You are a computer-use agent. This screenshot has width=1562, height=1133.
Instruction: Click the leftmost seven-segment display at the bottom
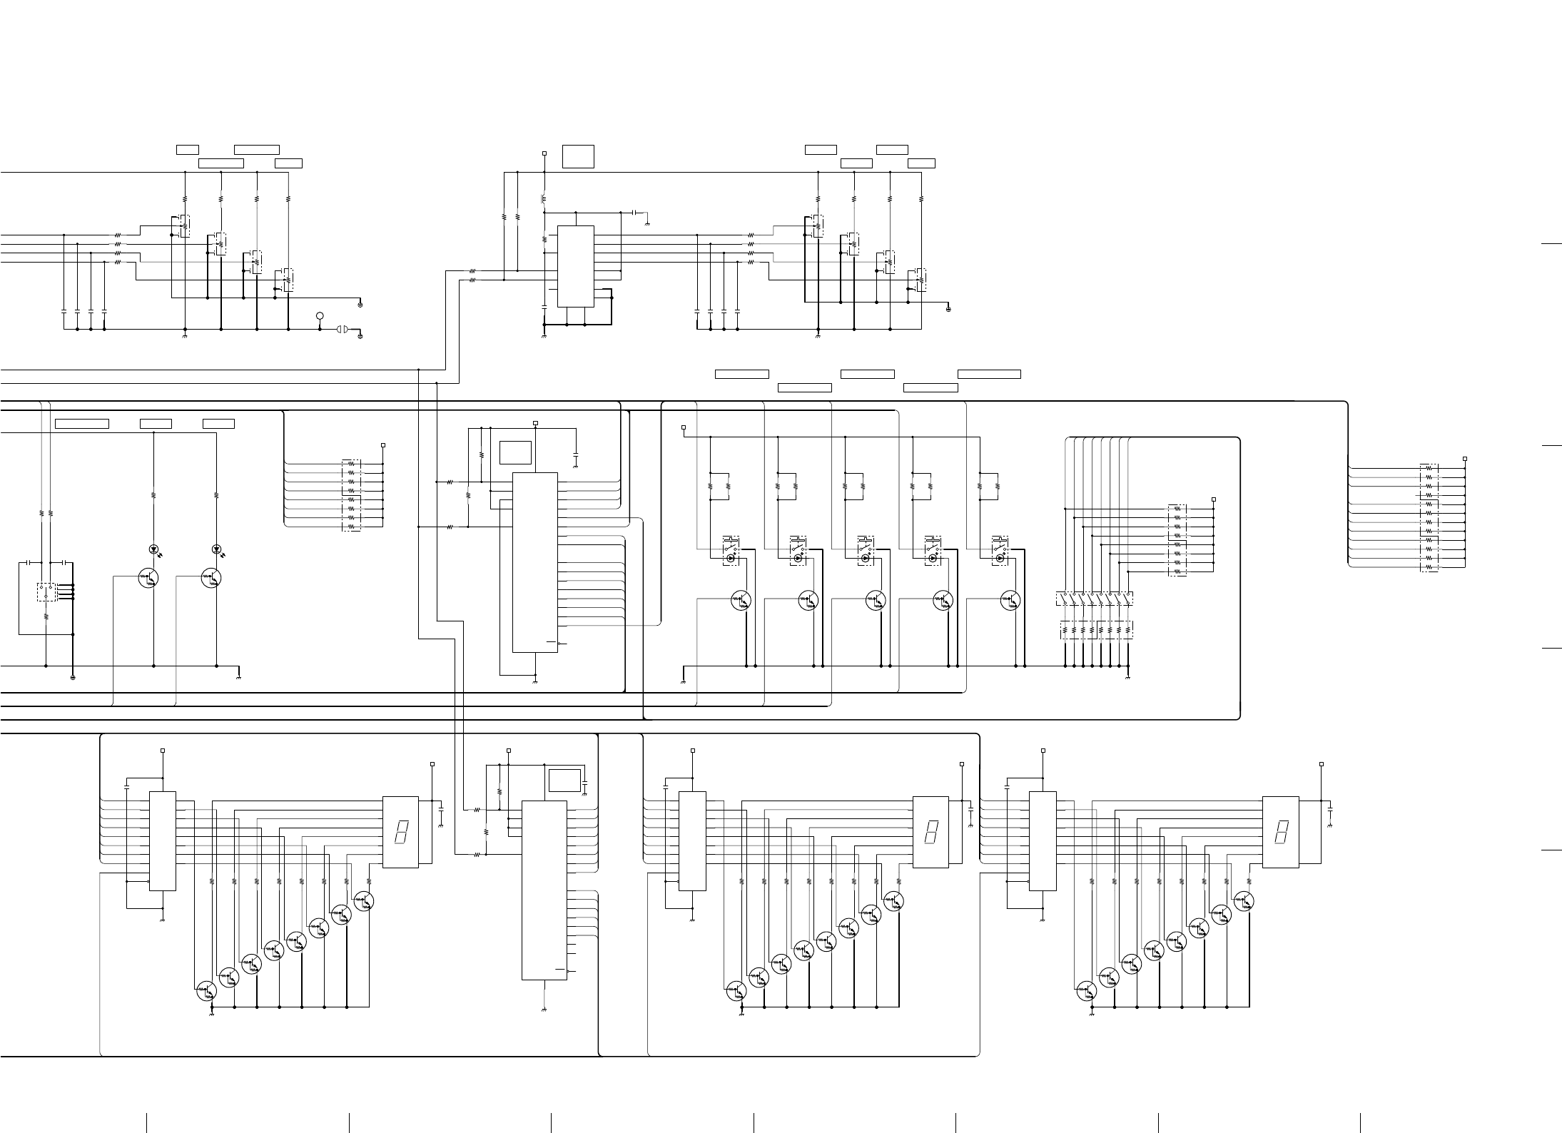(x=400, y=832)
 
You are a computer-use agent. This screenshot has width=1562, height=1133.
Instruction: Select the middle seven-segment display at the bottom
(x=930, y=832)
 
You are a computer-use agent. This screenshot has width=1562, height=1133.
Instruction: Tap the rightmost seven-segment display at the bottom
(x=1280, y=832)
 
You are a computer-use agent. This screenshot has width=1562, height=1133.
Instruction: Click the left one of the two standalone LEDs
(x=153, y=549)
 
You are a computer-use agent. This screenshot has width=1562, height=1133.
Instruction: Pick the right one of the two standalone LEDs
(x=216, y=549)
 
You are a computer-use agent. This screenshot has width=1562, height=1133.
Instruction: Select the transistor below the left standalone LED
(x=148, y=578)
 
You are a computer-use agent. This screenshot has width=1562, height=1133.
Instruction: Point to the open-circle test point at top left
(x=320, y=315)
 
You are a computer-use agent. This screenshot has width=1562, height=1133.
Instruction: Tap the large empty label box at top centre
(x=578, y=156)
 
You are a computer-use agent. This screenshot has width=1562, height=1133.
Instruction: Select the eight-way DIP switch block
(x=1095, y=599)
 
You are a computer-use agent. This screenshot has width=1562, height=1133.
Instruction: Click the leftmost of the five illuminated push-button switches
(x=731, y=550)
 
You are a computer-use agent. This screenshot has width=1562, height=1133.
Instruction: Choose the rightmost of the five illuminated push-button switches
(x=1000, y=550)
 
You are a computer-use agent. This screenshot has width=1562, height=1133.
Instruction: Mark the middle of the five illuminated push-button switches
(x=866, y=550)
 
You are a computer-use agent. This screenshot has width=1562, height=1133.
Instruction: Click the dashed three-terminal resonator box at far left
(x=46, y=591)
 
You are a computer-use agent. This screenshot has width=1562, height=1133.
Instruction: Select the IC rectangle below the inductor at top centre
(x=575, y=266)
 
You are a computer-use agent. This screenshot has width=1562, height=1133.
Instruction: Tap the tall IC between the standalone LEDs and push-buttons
(x=535, y=562)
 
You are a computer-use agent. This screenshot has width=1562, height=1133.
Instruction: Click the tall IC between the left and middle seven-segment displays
(x=544, y=890)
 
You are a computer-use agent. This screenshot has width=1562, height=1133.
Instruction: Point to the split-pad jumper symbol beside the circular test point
(x=341, y=330)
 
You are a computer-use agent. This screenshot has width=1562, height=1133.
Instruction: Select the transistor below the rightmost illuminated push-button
(x=1010, y=601)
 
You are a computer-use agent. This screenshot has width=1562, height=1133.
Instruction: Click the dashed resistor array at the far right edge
(x=1429, y=517)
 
